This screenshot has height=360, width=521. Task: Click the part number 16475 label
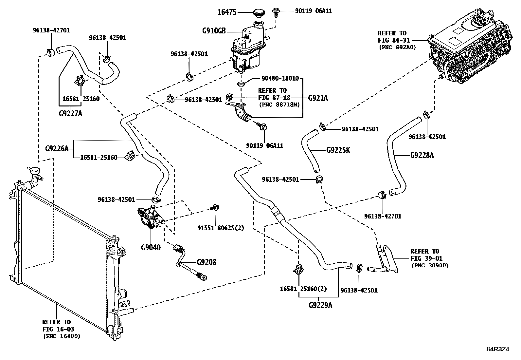[227, 13]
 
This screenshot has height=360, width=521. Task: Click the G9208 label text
[207, 262]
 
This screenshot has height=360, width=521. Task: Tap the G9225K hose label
[338, 150]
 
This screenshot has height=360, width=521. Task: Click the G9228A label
[422, 155]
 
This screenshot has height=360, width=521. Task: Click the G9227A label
[70, 114]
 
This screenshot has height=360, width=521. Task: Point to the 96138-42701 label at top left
[51, 30]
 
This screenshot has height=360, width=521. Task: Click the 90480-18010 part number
[280, 79]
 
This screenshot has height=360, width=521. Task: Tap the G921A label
[318, 98]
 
